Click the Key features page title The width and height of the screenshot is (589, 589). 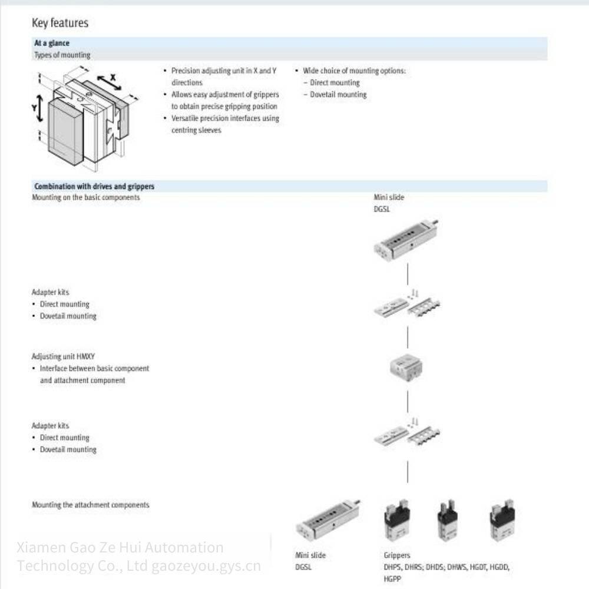[60, 23]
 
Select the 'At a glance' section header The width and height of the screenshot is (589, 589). [52, 43]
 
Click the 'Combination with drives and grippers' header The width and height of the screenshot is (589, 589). [94, 186]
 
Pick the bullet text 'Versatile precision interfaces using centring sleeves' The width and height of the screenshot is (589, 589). [225, 124]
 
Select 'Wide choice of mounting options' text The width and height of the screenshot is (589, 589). [354, 71]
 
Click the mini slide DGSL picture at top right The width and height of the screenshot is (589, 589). [406, 239]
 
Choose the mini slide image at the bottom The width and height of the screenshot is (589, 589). [327, 522]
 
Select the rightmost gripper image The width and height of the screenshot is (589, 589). [502, 521]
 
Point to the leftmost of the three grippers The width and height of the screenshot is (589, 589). [397, 521]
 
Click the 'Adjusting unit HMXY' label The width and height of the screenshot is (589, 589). [63, 356]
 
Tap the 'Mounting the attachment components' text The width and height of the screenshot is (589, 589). [90, 505]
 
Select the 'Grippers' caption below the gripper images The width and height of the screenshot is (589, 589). [397, 555]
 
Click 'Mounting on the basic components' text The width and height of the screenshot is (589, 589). [85, 197]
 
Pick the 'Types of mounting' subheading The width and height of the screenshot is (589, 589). [62, 55]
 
